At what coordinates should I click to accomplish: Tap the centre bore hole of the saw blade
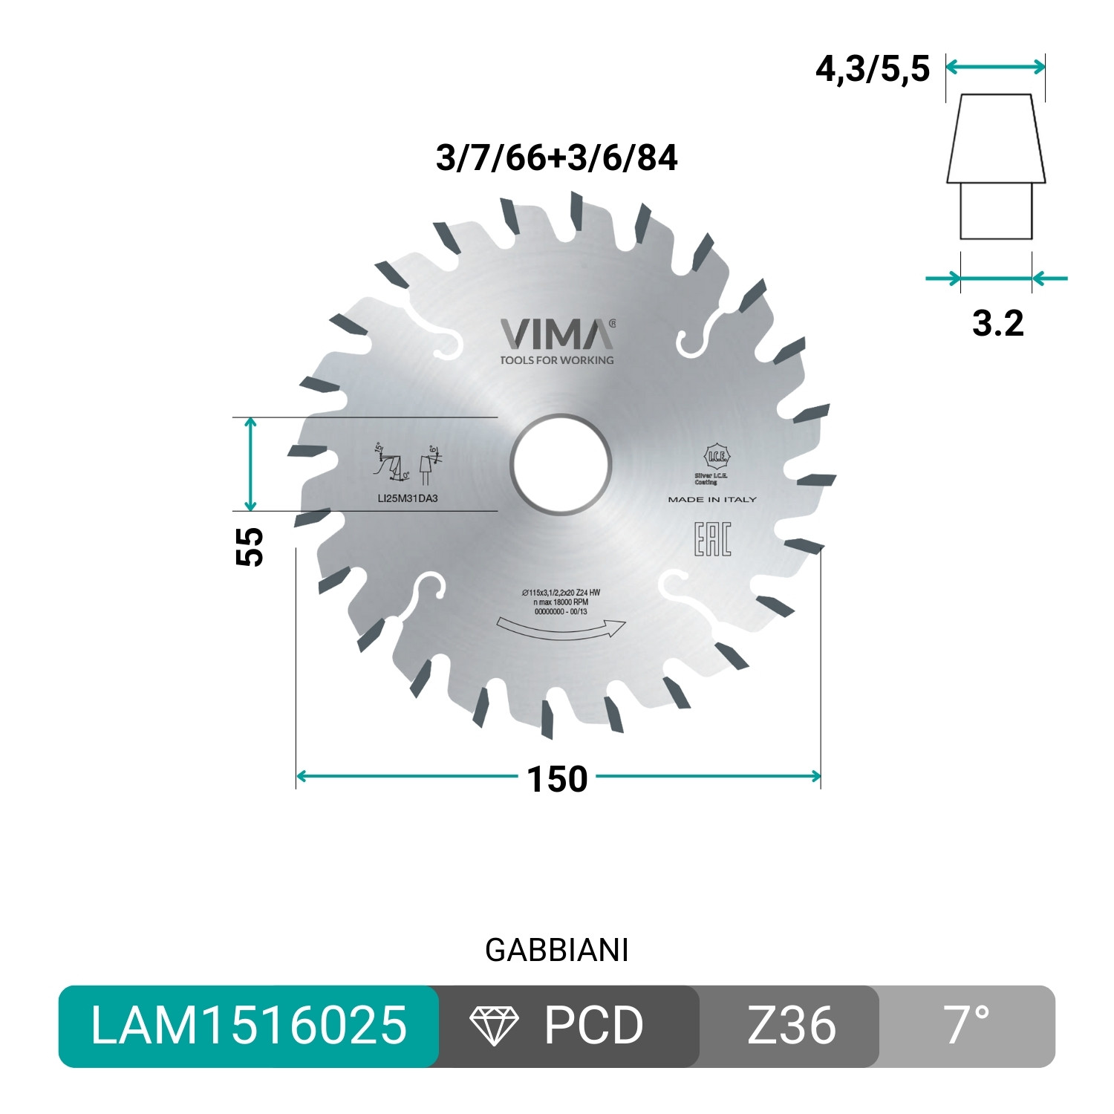561,466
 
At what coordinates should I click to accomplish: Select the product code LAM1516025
249,1026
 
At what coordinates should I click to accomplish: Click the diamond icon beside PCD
494,1026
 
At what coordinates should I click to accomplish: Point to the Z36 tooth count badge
791,1026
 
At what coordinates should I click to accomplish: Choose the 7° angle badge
967,1026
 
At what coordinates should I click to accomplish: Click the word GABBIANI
556,951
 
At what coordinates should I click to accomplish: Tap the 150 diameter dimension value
557,779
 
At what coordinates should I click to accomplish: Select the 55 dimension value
250,547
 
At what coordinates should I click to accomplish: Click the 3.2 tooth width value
997,323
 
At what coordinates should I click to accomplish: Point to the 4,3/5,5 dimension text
873,69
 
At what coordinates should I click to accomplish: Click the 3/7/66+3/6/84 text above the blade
556,158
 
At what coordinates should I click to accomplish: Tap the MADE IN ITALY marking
712,500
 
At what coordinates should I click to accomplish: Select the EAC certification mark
712,539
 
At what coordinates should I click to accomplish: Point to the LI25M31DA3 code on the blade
408,498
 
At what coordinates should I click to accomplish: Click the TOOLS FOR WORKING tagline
557,360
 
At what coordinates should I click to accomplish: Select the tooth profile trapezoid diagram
996,167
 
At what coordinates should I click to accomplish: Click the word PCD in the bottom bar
593,1026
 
